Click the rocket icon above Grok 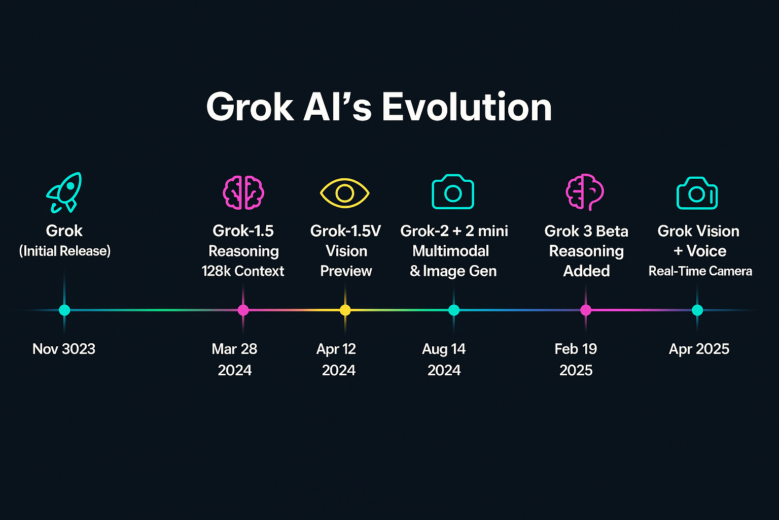[64, 192]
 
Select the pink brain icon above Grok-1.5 [243, 192]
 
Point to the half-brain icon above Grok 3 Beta [585, 192]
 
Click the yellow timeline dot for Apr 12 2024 [345, 310]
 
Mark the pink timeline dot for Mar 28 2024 [243, 310]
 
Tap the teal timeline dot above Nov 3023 [64, 310]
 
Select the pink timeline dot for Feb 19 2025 [586, 310]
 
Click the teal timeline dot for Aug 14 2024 [454, 310]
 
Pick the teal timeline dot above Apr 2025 [697, 310]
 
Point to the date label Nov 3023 [63, 349]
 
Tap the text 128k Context [243, 271]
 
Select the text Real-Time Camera [700, 271]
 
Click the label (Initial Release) [65, 251]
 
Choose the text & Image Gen [453, 271]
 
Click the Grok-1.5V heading [346, 231]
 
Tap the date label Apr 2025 [699, 349]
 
